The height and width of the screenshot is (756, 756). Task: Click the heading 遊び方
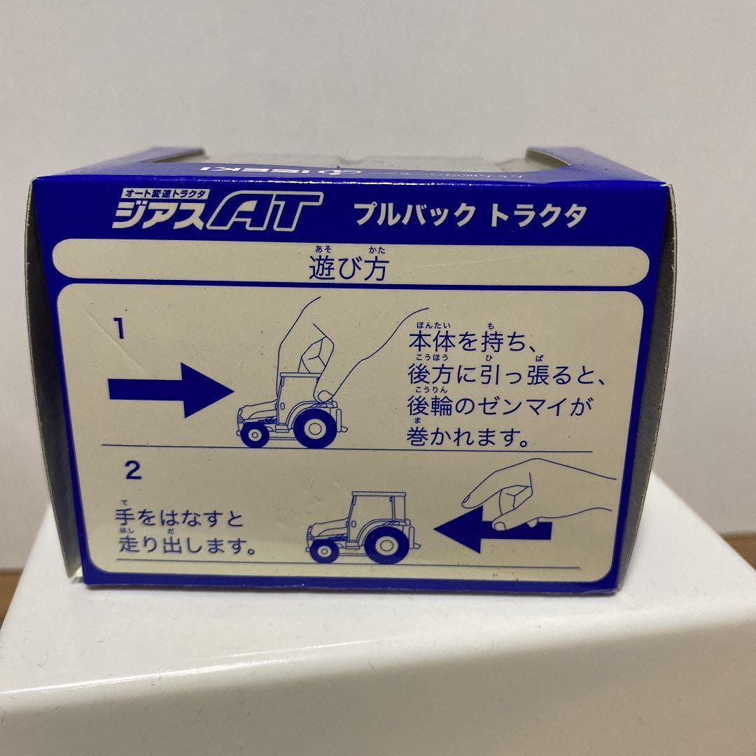click(x=348, y=269)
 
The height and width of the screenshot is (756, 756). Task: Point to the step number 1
click(x=120, y=328)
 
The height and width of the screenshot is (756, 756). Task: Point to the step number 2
click(x=133, y=470)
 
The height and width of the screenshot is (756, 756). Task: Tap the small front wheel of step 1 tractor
click(x=255, y=434)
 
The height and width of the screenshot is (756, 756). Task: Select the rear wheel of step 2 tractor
click(x=381, y=543)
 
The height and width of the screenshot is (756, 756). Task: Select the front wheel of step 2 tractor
click(x=326, y=550)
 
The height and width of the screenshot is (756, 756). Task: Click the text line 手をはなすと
click(x=181, y=519)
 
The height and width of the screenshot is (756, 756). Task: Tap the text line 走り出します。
click(x=186, y=546)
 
